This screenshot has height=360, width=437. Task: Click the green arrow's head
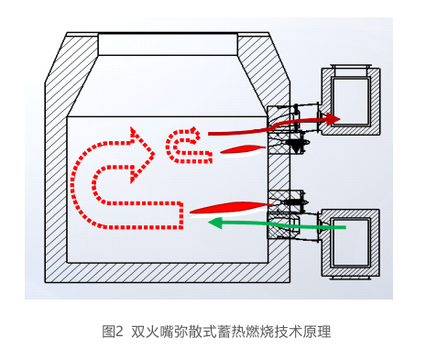point(217,221)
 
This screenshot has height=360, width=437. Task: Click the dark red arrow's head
point(333,118)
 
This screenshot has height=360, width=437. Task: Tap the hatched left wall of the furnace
point(58,183)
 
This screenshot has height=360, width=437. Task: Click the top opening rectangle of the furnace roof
point(167,44)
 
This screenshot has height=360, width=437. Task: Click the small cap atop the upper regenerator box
point(349,70)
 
